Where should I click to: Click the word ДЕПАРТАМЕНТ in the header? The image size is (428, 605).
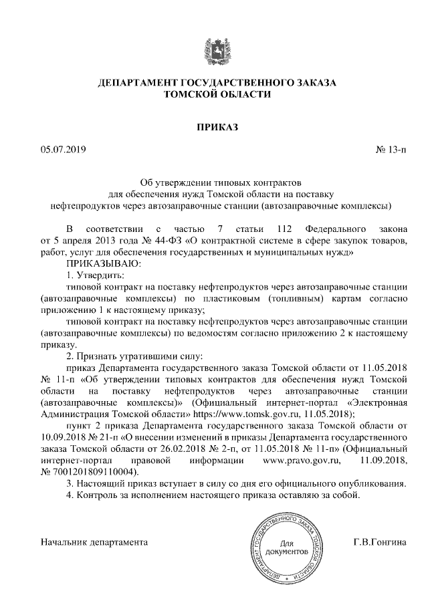[139, 84]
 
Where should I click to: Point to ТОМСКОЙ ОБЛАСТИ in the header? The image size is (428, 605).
[217, 96]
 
